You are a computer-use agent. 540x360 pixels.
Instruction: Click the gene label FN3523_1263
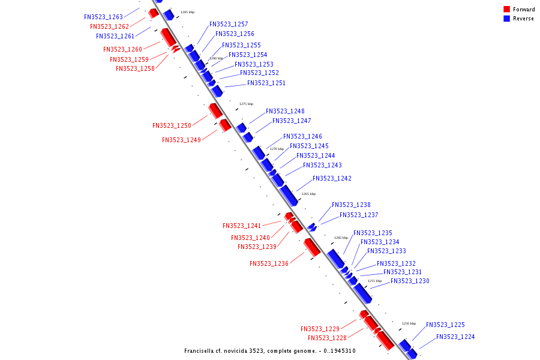click(x=103, y=17)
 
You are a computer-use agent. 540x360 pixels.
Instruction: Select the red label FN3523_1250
click(x=172, y=126)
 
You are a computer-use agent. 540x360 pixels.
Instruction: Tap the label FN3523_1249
click(x=181, y=140)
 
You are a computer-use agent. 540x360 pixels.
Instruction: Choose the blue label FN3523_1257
click(x=229, y=25)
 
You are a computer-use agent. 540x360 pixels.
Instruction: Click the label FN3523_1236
click(x=269, y=264)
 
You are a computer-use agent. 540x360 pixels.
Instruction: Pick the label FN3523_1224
click(x=455, y=337)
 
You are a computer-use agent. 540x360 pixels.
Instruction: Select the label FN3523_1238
click(x=351, y=205)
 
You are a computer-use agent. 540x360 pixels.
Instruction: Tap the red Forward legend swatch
click(x=506, y=9)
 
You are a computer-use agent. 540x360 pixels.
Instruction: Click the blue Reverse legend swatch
click(x=506, y=19)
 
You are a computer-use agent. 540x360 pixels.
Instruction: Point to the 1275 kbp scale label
click(x=246, y=104)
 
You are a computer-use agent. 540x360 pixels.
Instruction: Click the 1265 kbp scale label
click(x=308, y=194)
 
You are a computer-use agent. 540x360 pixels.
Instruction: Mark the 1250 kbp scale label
click(x=409, y=323)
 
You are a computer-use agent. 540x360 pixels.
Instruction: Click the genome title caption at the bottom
click(x=269, y=351)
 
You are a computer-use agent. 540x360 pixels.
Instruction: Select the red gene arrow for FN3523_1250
click(x=215, y=110)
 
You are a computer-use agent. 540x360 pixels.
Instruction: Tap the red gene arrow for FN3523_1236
click(x=311, y=247)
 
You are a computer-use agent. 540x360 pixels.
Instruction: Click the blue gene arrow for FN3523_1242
click(x=289, y=195)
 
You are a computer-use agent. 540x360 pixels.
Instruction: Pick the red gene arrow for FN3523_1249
click(x=225, y=125)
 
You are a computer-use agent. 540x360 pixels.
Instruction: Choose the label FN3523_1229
click(x=320, y=329)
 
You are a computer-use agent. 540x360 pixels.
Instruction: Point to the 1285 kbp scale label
click(x=187, y=12)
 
